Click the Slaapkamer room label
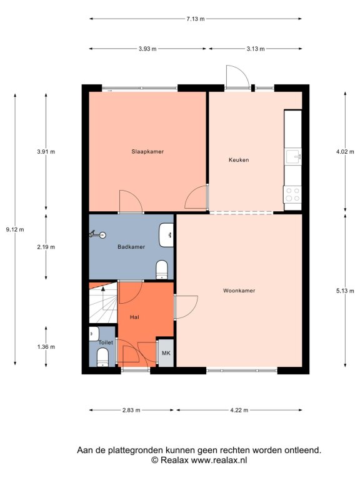147,151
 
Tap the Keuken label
239,160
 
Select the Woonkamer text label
239,291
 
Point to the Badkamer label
131,247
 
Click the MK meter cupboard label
166,353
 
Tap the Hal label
135,317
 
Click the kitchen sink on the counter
293,157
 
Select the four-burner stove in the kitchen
292,195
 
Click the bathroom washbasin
166,235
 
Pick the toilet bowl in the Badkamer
162,270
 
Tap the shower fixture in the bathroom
97,235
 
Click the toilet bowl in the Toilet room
103,358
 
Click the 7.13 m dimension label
196,19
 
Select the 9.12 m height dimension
15,229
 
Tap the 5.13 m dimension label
345,291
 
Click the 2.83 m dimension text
131,410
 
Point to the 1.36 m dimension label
46,347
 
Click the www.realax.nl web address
219,460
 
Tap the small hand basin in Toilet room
94,334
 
